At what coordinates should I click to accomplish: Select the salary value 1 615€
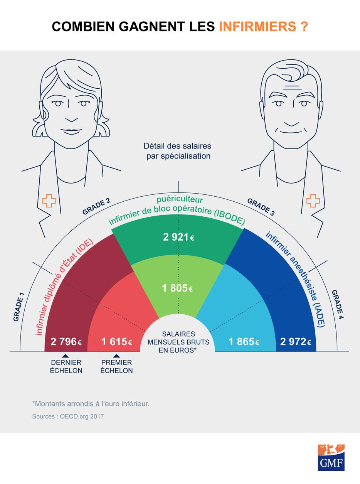pos(116,342)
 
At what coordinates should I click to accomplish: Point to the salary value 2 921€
pos(178,237)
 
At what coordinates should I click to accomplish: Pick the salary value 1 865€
pos(244,342)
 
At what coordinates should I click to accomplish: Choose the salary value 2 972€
pos(295,342)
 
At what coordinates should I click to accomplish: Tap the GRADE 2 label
pos(96,207)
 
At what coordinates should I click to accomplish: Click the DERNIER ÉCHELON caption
pos(66,367)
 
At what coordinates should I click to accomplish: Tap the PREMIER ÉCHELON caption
pos(116,367)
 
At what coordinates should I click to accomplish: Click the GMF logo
pos(331,457)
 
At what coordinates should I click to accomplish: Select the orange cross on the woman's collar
pos(49,201)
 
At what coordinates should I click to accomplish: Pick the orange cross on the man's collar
pos(313,201)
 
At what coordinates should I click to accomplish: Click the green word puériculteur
pos(179,200)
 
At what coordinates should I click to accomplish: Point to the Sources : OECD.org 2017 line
pos(68,417)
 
